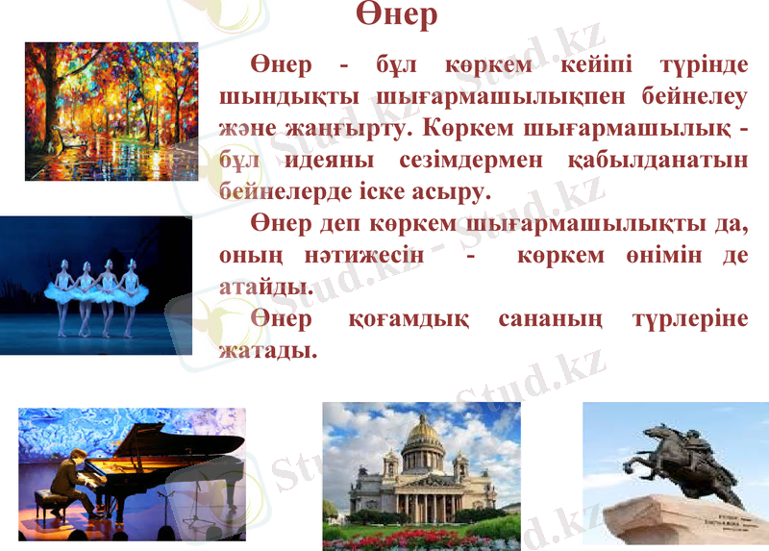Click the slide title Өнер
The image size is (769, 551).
point(396,14)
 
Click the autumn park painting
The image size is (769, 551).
point(111,111)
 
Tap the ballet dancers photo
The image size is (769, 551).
point(96,286)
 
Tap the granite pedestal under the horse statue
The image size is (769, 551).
point(687,524)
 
